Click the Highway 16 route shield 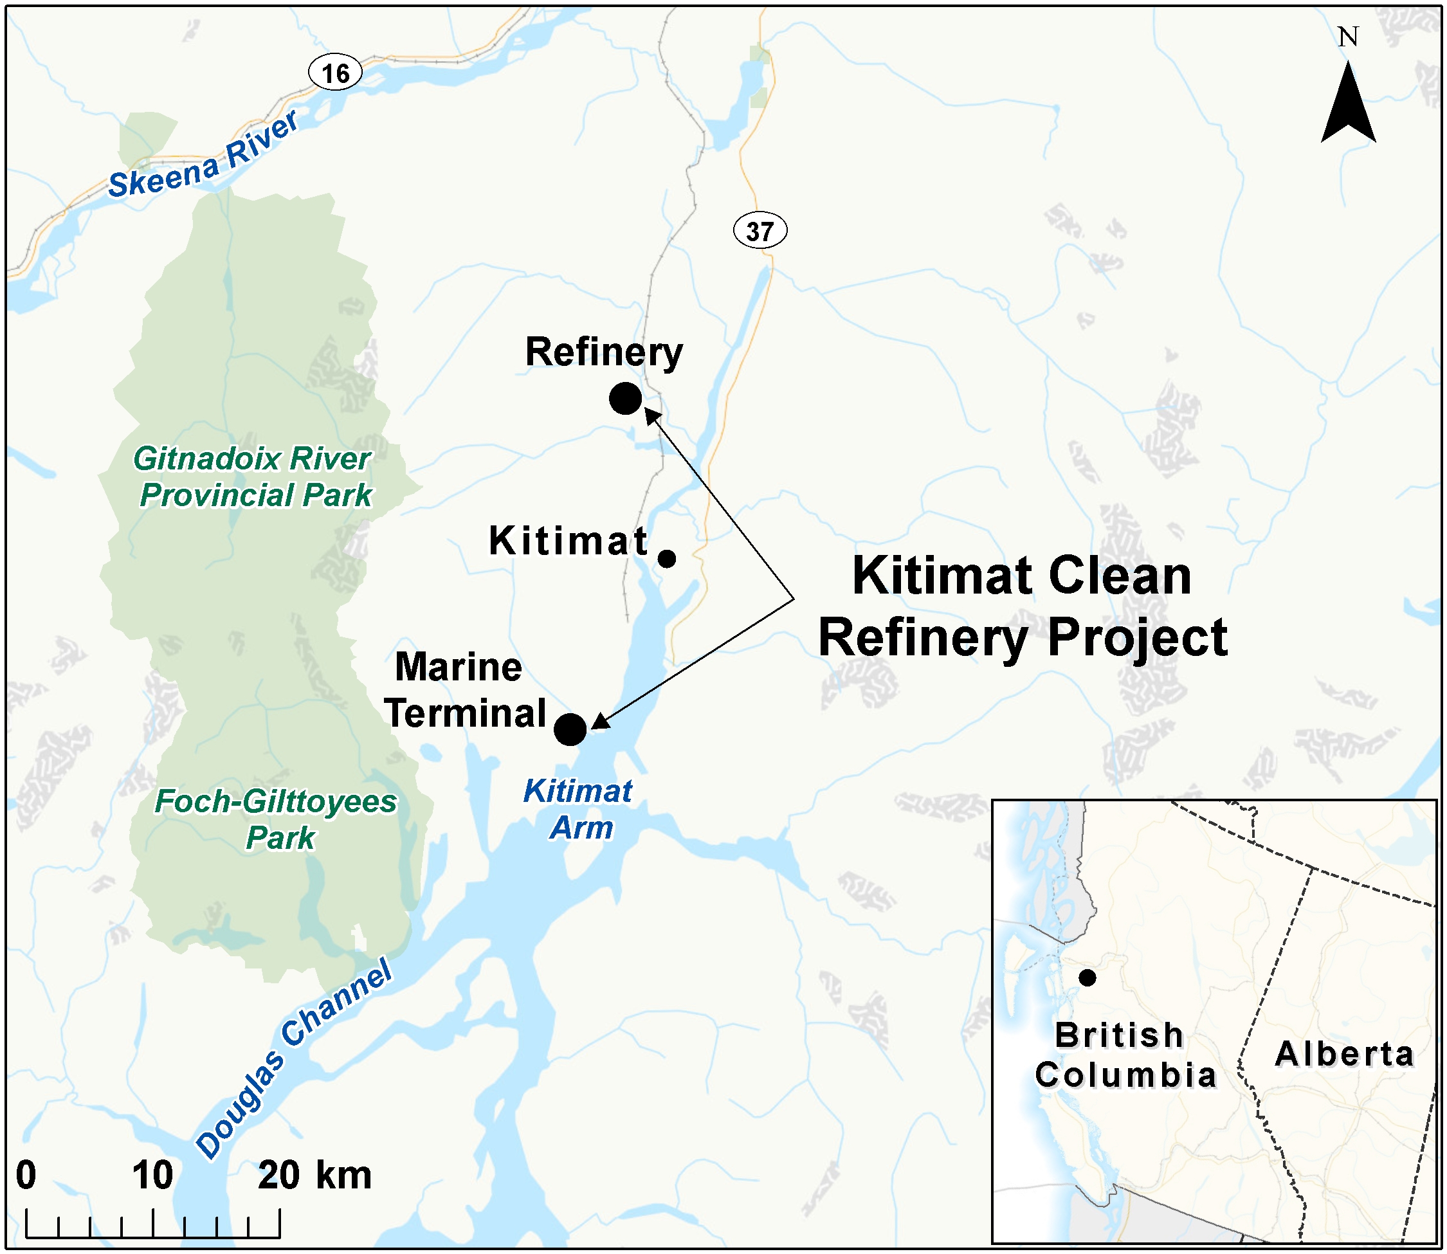(x=335, y=73)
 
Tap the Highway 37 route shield (x=760, y=231)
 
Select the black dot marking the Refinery (x=625, y=399)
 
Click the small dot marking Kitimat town (x=667, y=559)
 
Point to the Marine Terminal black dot (x=570, y=730)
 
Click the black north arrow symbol (x=1348, y=105)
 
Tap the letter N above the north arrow (x=1348, y=37)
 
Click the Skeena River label (x=203, y=156)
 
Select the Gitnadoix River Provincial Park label (x=254, y=477)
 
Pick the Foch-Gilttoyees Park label (x=277, y=819)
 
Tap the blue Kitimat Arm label (x=579, y=810)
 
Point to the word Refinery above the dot (x=603, y=352)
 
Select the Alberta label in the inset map (x=1344, y=1054)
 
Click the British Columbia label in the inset (x=1124, y=1055)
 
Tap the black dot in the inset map (x=1087, y=977)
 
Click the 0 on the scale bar (x=26, y=1175)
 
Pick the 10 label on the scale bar (x=152, y=1175)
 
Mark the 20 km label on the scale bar (x=314, y=1175)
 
